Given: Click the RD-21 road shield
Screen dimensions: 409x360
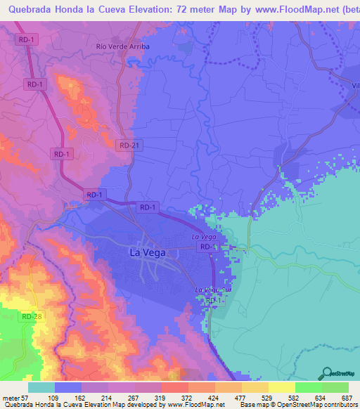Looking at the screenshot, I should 125,144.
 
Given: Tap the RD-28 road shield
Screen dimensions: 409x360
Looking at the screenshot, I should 32,318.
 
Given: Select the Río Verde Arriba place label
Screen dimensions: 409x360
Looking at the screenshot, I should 123,47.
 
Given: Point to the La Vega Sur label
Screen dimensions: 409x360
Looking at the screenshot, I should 212,290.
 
